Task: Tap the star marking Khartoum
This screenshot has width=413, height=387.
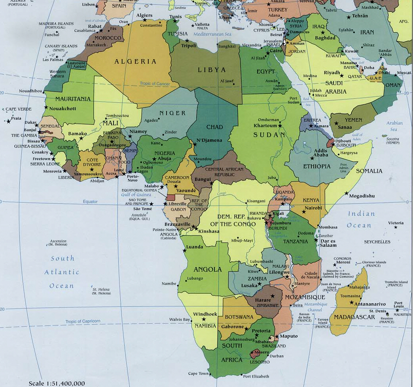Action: pyautogui.click(x=280, y=125)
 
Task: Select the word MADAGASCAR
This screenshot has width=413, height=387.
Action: pyautogui.click(x=354, y=317)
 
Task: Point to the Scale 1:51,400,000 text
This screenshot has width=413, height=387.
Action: pyautogui.click(x=57, y=383)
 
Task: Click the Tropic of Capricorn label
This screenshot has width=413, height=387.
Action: pyautogui.click(x=83, y=321)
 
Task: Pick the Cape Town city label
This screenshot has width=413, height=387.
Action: pyautogui.click(x=198, y=373)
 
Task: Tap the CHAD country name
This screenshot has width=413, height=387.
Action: pyautogui.click(x=215, y=127)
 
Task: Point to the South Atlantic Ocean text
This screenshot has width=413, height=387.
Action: pyautogui.click(x=62, y=272)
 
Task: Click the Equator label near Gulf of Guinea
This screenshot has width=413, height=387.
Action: pyautogui.click(x=90, y=202)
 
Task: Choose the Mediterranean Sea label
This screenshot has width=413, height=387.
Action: pyautogui.click(x=212, y=34)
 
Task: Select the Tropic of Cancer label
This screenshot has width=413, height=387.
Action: pyautogui.click(x=154, y=84)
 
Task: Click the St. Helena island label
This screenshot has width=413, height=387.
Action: pyautogui.click(x=101, y=291)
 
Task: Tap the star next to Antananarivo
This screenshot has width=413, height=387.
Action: pyautogui.click(x=351, y=302)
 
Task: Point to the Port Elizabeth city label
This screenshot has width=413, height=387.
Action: pyautogui.click(x=256, y=376)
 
